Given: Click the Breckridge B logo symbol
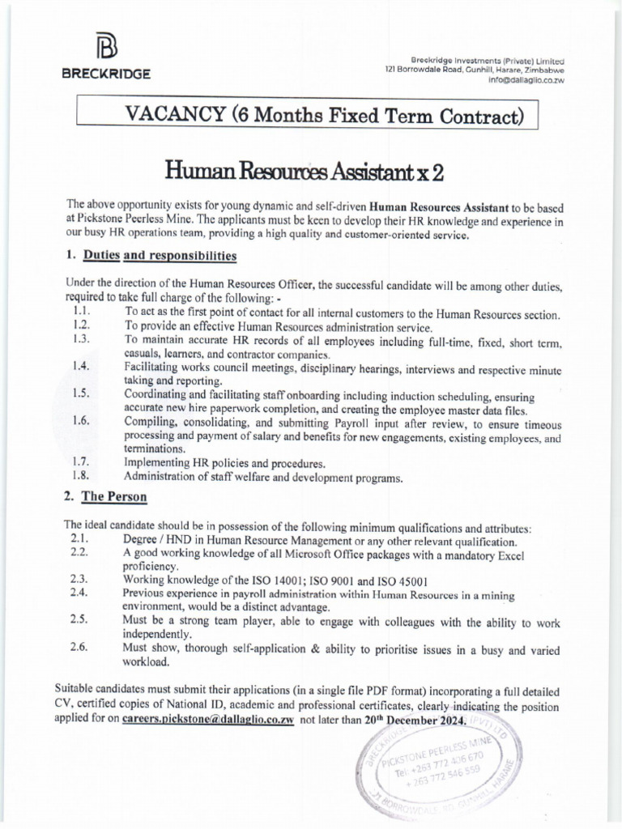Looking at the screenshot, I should coord(106,47).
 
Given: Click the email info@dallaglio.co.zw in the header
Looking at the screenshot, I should coord(526,80).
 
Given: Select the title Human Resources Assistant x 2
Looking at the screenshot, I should coord(305,171).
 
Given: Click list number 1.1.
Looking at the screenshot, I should coord(81,312).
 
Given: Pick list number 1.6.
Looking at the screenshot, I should coord(81,420).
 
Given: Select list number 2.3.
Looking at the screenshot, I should coord(79,580).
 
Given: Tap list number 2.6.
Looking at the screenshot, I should coord(79,647).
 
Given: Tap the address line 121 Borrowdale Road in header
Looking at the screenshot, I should coord(475,70).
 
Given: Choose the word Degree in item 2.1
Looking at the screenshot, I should coord(142,541).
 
